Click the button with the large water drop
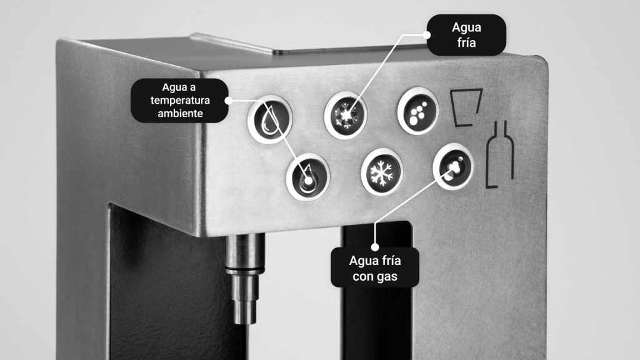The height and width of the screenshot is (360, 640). [x=270, y=119]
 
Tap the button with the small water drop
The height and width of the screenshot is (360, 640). [x=307, y=177]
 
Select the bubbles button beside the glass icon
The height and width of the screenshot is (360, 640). [x=418, y=111]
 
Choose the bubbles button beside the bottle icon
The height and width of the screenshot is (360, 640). [x=453, y=166]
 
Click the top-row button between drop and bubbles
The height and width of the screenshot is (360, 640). [x=345, y=115]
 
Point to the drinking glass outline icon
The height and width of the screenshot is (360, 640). [x=466, y=107]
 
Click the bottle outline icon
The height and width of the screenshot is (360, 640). [x=499, y=154]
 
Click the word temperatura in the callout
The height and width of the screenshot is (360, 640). [x=180, y=101]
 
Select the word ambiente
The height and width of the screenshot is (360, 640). [x=180, y=114]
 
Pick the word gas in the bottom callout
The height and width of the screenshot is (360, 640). [x=387, y=277]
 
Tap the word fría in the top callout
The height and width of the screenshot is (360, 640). [x=466, y=42]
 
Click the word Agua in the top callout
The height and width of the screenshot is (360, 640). [x=466, y=27]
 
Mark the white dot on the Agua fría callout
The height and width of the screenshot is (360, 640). [x=426, y=35]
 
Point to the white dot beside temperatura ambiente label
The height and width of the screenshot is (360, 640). [x=229, y=101]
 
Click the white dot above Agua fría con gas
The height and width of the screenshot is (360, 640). [x=375, y=247]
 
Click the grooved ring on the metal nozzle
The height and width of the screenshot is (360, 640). [x=244, y=270]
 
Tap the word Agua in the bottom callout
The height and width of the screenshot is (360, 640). [x=364, y=261]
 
